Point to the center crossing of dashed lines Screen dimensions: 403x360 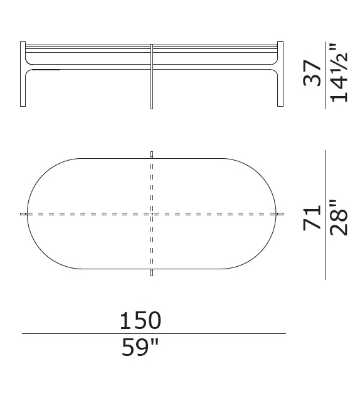(152, 214)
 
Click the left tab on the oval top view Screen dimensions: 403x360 (24, 214)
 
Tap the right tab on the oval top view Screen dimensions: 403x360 (280, 214)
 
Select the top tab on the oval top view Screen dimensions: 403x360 (152, 154)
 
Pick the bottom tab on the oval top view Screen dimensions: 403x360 (152, 273)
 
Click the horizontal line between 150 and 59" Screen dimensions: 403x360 (154, 334)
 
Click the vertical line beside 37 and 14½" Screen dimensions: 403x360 (326, 74)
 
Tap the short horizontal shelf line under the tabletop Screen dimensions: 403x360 (44, 70)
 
